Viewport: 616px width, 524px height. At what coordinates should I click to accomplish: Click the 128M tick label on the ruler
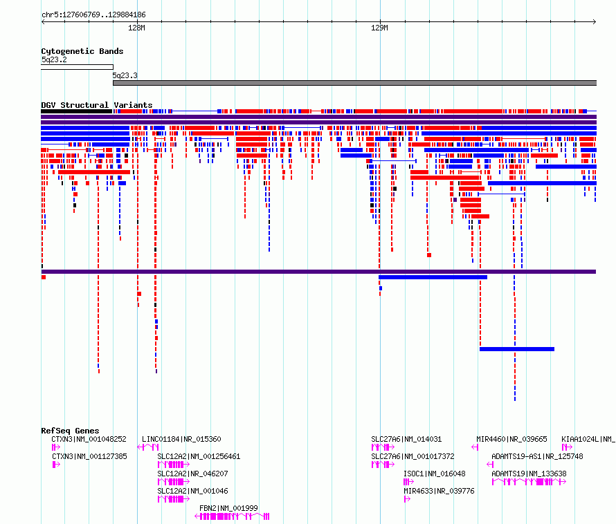pos(136,28)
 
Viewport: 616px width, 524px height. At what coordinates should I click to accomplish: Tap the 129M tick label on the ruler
pos(379,28)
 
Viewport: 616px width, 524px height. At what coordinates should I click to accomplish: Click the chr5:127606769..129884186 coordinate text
pos(93,15)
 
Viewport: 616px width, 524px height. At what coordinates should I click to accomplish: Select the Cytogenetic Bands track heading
pos(82,51)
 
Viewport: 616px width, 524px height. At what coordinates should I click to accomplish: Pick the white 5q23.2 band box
pos(77,67)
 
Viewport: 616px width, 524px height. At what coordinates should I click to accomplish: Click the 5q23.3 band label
pos(125,75)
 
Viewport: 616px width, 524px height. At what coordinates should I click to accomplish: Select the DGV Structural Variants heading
pos(97,105)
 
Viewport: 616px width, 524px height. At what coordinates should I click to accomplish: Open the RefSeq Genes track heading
pos(70,431)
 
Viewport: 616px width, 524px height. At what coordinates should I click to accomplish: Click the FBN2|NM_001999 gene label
pos(228,508)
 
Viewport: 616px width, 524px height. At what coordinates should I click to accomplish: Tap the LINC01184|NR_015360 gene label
pos(181,439)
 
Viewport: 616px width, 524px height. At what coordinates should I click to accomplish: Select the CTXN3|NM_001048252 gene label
pos(89,439)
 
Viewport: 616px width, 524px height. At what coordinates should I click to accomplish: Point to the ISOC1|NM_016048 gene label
pos(435,474)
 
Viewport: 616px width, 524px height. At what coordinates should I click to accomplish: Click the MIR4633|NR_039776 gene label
pos(439,491)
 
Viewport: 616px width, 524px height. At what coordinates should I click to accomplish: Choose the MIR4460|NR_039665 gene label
pos(511,439)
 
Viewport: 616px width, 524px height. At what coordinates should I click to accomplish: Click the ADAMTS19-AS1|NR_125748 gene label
pos(537,456)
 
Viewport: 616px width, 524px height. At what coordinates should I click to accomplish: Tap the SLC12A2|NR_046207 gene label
pos(192,474)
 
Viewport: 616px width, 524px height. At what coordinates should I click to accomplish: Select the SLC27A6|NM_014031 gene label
pos(406,439)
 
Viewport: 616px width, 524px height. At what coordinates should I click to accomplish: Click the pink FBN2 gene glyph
pos(232,516)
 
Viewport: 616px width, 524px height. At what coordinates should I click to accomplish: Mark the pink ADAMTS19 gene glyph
pos(529,482)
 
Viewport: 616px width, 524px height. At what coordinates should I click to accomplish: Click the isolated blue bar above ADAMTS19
pos(517,349)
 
